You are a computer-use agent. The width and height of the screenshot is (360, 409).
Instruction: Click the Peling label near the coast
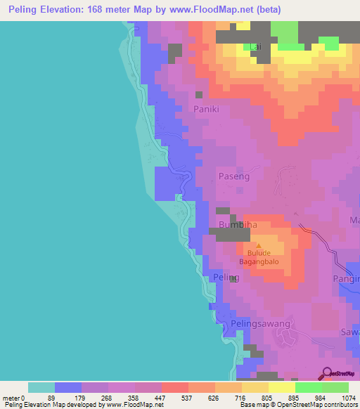(x=226, y=278)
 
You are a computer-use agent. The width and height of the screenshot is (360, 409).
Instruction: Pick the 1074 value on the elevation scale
(x=349, y=398)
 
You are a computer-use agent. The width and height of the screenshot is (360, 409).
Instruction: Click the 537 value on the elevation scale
(x=188, y=398)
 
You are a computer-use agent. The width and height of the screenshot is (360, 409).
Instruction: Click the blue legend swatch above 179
(x=68, y=387)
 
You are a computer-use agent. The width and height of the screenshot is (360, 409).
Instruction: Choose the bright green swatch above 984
(x=309, y=387)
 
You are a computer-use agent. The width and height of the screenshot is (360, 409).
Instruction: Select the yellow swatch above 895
(x=282, y=387)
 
